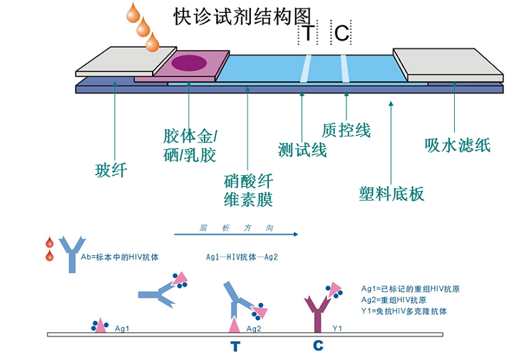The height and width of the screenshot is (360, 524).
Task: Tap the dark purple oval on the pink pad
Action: pos(190,63)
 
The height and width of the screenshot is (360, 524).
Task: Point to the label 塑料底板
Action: pos(391,193)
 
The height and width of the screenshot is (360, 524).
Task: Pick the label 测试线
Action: pos(302,150)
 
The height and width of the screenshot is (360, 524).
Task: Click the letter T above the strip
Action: pos(307,33)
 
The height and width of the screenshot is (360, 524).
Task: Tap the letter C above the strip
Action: pos(342,33)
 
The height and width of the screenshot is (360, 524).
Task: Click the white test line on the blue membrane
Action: pos(306,67)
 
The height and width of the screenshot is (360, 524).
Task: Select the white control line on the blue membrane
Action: pos(345,67)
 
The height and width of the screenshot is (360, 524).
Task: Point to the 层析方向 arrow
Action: pos(235,233)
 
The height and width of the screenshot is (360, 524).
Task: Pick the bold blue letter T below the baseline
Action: pos(235,347)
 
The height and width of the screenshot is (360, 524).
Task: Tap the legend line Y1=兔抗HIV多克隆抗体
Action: pos(405,312)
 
